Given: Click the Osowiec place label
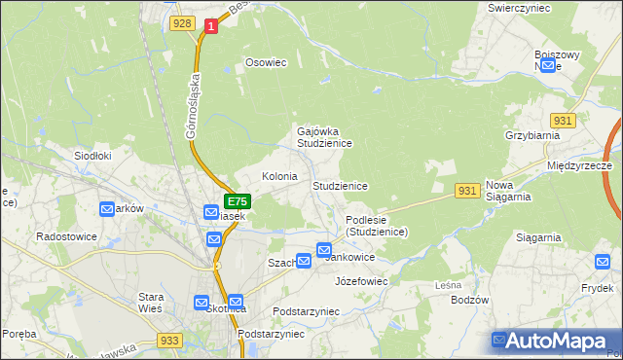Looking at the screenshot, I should pos(266,62).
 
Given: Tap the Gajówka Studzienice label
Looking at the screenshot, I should pos(324,136).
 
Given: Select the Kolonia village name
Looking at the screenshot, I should pos(279,177).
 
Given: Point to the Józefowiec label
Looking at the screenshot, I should pos(361,281).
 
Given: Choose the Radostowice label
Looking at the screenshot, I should pos(64,236).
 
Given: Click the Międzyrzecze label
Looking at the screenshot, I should pos(579,166).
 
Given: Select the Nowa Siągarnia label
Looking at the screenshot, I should pos(507,191).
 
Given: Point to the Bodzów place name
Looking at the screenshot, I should pos(469,300).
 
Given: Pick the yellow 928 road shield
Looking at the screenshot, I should pos(180,22).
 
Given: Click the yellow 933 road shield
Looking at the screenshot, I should pos(168,341).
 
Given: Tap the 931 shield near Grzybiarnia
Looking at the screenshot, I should pos(564,120).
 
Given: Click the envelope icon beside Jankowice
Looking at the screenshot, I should pos(323,251).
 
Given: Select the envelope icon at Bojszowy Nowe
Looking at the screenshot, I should pos(547,65).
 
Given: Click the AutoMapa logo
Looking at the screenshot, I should pos(556,341).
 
